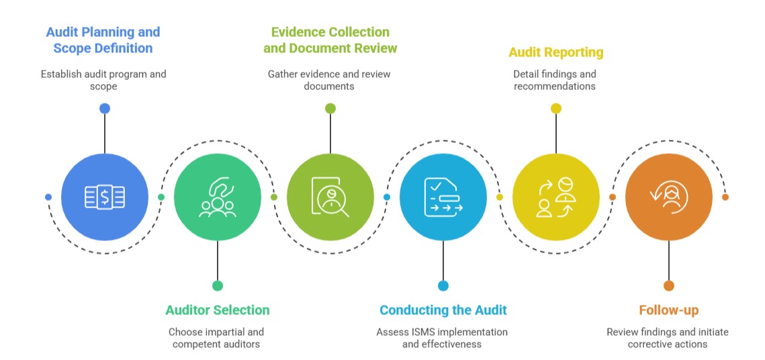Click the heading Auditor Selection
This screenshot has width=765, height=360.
pos(217,310)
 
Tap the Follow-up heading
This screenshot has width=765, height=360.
pos(668,310)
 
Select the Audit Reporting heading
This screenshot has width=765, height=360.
pos(555,52)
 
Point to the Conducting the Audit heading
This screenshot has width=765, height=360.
pos(443,310)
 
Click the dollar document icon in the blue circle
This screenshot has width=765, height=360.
pos(105,197)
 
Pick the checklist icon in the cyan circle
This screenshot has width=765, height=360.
pos(443,197)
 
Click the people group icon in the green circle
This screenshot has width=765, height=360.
pos(218,198)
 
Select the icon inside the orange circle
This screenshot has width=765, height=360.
pos(669,197)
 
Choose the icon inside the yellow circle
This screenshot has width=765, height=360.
pos(556,197)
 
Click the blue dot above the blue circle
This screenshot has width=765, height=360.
pos(105,108)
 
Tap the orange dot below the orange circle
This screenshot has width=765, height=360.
pos(669,285)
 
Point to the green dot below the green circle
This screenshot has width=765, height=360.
pos(218,285)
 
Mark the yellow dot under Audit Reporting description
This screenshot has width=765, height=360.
pos(556,108)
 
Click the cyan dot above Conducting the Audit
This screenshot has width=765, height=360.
pos(443,285)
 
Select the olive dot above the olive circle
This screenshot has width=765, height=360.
pos(330,108)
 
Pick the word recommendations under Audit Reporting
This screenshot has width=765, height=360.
pos(555,87)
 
